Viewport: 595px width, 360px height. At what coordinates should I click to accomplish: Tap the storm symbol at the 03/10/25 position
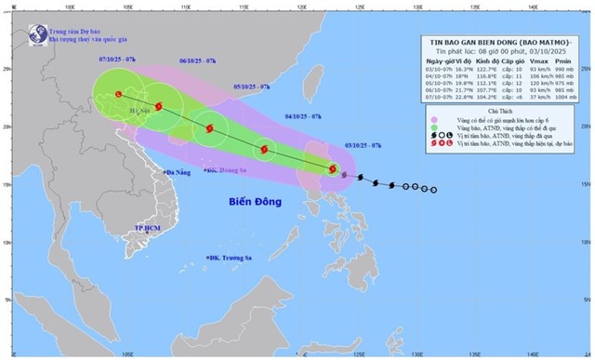pyautogui.click(x=333, y=169)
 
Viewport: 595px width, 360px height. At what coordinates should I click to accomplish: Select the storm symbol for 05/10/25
pyautogui.click(x=209, y=129)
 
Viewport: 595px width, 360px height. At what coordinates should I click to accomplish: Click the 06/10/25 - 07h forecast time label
pyautogui.click(x=197, y=61)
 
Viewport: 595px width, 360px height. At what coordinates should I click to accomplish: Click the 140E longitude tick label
pyautogui.click(x=533, y=353)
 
